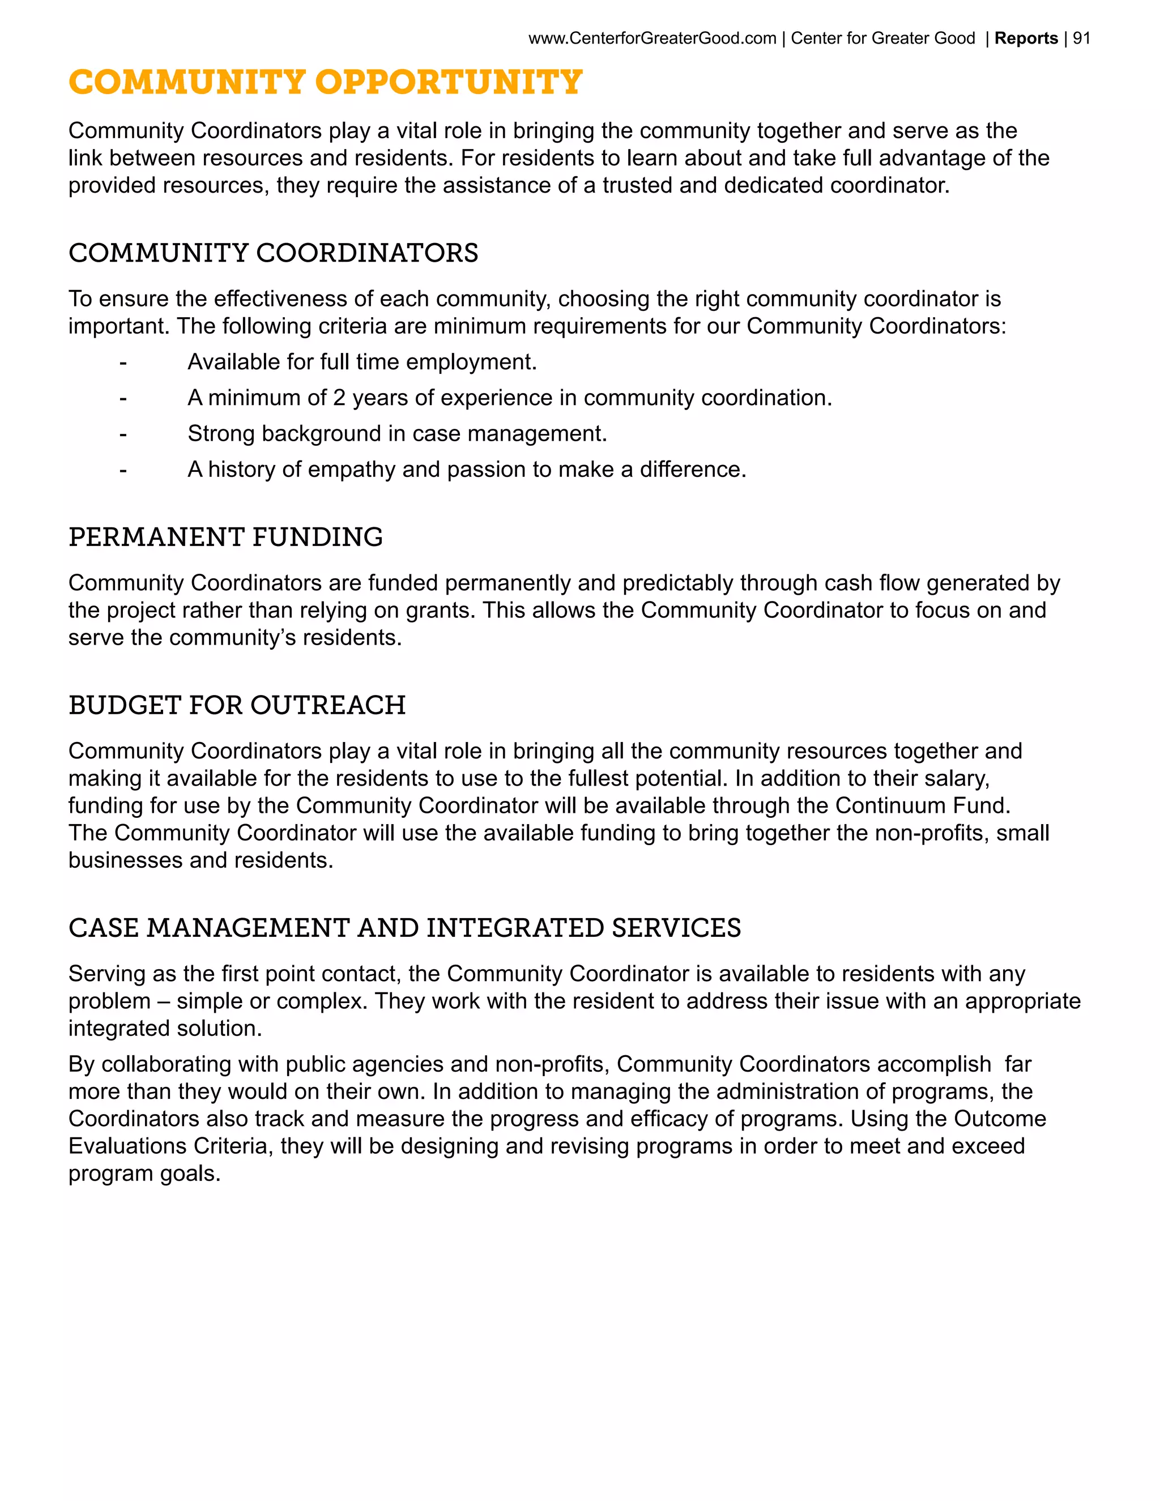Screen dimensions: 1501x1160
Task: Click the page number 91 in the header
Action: (1082, 39)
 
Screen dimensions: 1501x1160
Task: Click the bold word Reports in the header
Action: (1026, 39)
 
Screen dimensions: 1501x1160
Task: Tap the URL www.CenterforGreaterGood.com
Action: (652, 39)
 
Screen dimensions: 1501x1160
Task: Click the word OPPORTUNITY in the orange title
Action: (449, 83)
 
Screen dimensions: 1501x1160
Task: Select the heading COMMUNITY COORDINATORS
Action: (273, 253)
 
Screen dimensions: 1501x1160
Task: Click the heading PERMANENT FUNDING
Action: (225, 538)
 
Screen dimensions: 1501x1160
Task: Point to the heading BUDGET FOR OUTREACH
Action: (237, 705)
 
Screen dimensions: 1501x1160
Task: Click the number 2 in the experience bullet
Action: (339, 398)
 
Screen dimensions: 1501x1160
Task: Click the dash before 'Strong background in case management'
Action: (123, 434)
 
